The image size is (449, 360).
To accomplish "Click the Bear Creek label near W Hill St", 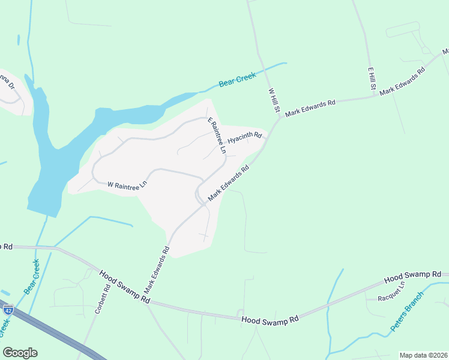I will (x=237, y=79).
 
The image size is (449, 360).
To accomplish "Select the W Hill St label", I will (x=274, y=100).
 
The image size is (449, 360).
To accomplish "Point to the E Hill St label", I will (x=372, y=79).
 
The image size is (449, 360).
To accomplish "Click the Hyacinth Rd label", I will (x=244, y=138).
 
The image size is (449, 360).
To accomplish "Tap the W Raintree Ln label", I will (x=127, y=185).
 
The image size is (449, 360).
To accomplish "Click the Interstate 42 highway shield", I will (x=8, y=310).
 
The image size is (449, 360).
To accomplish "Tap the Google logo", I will (x=20, y=353).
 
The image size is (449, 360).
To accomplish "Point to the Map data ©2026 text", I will (x=423, y=355).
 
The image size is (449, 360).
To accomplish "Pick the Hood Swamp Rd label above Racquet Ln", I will (x=412, y=277).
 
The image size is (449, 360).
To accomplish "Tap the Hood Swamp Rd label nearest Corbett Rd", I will (x=124, y=286).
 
